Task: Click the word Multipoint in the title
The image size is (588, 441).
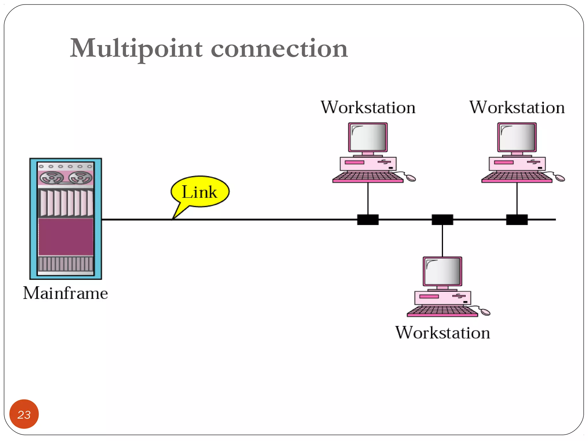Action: pos(136,48)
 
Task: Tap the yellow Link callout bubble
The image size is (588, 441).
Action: pos(200,192)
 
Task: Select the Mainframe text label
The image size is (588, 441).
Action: pos(65,293)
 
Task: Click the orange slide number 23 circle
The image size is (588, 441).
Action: pos(24,414)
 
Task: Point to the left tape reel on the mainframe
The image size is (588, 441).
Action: pos(52,178)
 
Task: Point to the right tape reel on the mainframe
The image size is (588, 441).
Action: pos(80,178)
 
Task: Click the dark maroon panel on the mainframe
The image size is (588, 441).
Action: pos(66,237)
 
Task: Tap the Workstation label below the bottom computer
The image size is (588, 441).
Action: pos(442,333)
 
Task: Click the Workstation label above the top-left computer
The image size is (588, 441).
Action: pos(368,107)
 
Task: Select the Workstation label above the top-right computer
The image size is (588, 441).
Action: pos(517,107)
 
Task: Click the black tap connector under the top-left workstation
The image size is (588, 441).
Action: pos(368,220)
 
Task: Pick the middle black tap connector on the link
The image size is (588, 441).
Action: pos(442,220)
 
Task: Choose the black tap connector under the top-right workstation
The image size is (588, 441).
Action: pos(517,220)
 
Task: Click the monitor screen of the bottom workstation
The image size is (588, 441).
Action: pos(442,271)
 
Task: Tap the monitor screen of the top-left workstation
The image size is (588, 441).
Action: pos(368,137)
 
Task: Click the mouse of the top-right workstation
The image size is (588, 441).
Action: pos(560,179)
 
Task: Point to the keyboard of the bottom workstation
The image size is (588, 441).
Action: pos(442,311)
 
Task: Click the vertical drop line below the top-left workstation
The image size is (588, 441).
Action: pos(368,198)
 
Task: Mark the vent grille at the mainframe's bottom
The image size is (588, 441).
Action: pos(66,264)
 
